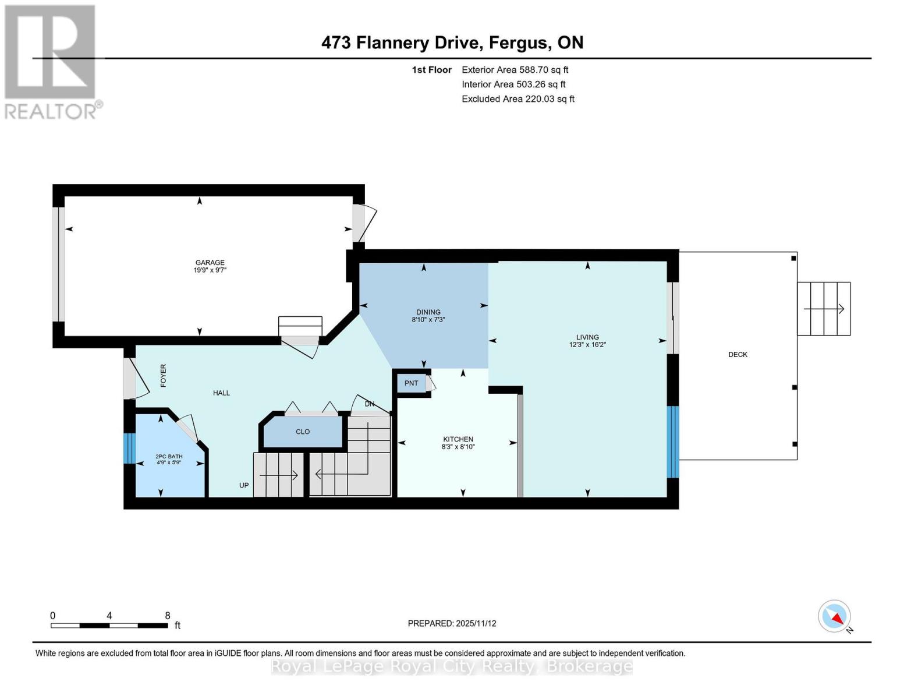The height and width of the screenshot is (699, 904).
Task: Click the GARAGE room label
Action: tap(210, 263)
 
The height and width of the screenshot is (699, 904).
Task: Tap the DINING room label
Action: tap(428, 312)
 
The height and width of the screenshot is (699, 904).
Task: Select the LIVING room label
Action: tap(587, 337)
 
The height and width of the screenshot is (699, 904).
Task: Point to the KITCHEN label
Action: tap(458, 439)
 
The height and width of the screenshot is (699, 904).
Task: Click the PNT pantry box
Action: tap(412, 383)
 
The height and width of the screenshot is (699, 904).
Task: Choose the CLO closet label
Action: tap(303, 432)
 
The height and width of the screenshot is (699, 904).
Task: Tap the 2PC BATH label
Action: tap(169, 457)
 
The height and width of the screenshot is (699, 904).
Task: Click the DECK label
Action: tap(738, 354)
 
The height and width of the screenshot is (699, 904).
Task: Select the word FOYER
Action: tap(164, 376)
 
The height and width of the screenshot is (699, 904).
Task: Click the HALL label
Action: tap(221, 393)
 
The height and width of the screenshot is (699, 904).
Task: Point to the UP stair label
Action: tap(244, 485)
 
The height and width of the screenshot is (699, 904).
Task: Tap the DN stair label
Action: tap(370, 404)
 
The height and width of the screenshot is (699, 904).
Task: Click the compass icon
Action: tap(835, 616)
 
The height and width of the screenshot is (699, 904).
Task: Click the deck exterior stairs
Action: tap(824, 309)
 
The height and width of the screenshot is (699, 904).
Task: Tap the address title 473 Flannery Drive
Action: tap(452, 43)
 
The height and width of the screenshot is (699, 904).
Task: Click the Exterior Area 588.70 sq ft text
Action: tap(515, 70)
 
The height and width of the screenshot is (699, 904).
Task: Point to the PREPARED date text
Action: tap(452, 623)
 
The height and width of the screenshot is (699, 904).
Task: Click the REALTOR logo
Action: tap(51, 61)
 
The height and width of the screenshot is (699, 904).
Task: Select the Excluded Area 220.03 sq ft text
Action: tap(517, 99)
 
